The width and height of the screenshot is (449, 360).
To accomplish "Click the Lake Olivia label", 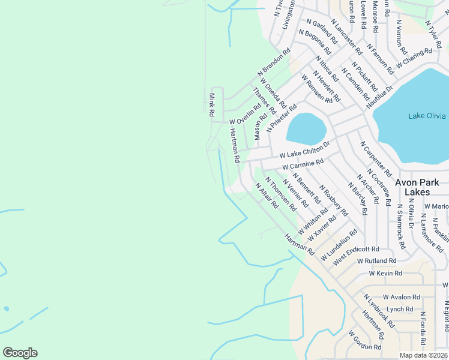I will pos(427,116).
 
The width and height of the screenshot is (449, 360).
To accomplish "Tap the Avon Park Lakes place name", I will pos(421,187).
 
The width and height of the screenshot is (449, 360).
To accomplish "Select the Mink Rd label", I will pos(212,105).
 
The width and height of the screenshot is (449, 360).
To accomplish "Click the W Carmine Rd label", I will pos(303,163).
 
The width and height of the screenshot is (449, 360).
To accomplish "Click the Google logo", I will pos(20,353).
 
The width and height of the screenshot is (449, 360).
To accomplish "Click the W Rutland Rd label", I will pos(376,261).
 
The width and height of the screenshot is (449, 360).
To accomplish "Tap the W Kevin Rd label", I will pos(384,273).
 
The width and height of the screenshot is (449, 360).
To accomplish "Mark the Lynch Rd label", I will pos(400,309).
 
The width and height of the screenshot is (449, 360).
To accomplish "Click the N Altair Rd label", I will pos(267,195).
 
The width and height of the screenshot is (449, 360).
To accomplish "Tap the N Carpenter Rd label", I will pos(376,157).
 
